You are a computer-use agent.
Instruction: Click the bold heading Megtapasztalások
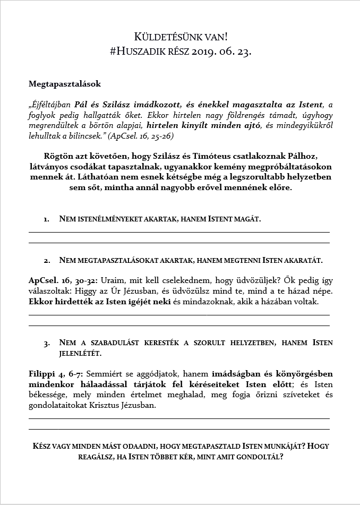(64, 84)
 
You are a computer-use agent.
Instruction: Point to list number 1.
(47, 219)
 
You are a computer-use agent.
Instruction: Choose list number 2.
(47, 261)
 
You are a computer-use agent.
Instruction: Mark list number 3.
(47, 343)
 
